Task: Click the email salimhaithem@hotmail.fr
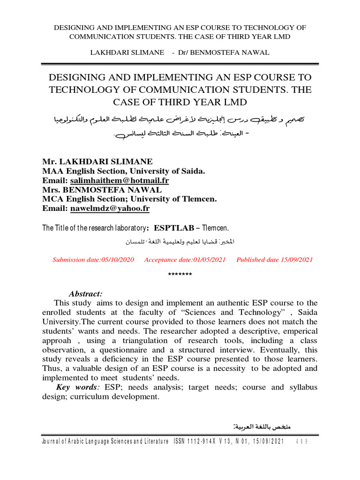(x=120, y=180)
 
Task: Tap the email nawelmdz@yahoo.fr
(x=110, y=209)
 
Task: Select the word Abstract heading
(x=85, y=294)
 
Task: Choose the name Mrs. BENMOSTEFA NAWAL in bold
(x=102, y=190)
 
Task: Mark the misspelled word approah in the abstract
(x=59, y=340)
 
